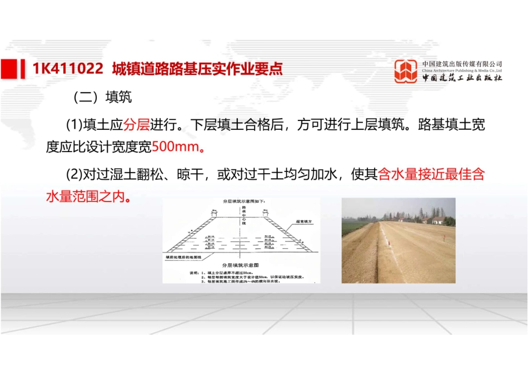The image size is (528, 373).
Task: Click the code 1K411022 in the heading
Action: (x=68, y=68)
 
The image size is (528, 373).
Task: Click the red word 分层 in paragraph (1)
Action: (x=136, y=124)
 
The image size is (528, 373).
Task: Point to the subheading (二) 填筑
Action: (x=102, y=98)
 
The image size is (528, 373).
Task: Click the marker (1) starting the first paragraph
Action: (x=74, y=124)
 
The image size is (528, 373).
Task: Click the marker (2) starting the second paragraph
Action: (x=74, y=174)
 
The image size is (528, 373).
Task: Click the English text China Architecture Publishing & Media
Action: (x=462, y=71)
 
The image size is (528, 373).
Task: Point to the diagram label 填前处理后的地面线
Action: (x=183, y=258)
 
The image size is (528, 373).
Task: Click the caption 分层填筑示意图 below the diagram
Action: (x=241, y=266)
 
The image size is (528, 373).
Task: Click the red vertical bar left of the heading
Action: (x=22, y=68)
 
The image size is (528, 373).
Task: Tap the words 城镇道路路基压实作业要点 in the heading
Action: (x=197, y=68)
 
